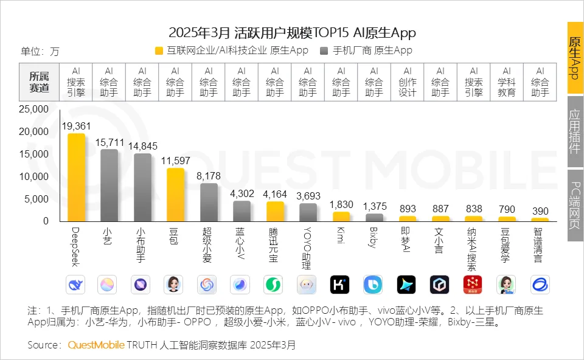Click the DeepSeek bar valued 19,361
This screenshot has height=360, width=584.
[x=76, y=177]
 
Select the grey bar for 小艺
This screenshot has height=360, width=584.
[x=109, y=185]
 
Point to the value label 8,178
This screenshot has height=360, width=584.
[x=209, y=176]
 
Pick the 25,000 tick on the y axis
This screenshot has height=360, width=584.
[x=33, y=109]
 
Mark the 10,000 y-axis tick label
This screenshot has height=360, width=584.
[x=33, y=176]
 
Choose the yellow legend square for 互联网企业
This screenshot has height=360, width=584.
[x=160, y=51]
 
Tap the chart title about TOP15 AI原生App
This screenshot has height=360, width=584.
[x=292, y=32]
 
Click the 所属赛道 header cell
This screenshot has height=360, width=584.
[x=40, y=82]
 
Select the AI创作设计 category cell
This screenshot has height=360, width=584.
[x=408, y=82]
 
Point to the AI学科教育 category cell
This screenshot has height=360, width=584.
[x=507, y=82]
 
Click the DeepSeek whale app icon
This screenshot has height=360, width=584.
[x=76, y=284]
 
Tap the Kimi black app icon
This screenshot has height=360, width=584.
[x=340, y=284]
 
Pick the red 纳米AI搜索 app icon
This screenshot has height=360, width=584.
[x=473, y=284]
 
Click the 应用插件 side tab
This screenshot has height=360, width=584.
[x=575, y=131]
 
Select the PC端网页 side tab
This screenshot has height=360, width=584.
[x=575, y=210]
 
